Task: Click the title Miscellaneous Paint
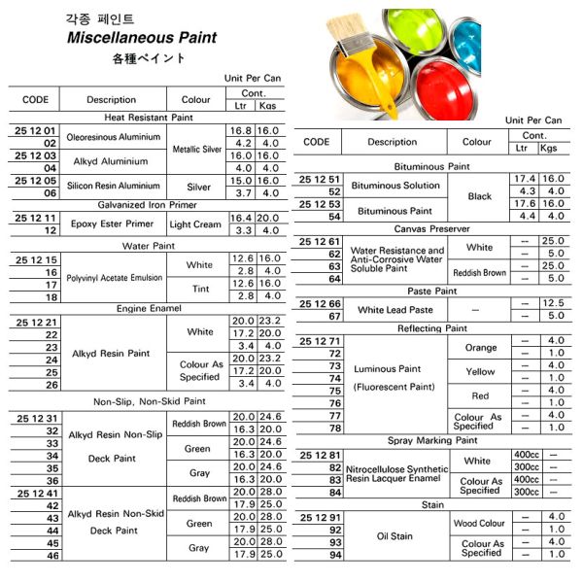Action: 141,38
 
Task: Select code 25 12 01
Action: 37,130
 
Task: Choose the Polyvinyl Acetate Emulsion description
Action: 114,278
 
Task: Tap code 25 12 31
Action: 37,418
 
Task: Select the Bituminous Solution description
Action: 394,186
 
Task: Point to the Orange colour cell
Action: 480,347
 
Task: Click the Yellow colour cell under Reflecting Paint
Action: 480,371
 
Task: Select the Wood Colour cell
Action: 480,523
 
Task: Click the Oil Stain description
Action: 396,535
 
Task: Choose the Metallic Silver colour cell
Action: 198,150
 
